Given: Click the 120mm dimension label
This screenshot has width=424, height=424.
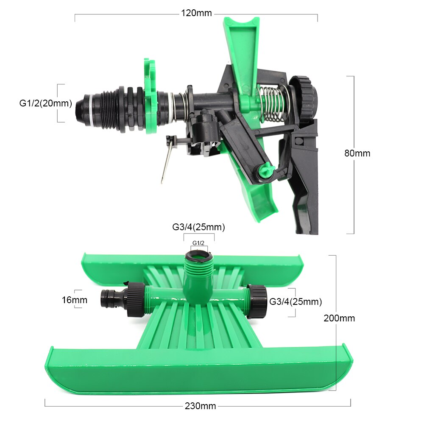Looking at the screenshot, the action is coord(196,13).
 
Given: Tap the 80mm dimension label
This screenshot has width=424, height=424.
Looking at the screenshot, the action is coord(357,153).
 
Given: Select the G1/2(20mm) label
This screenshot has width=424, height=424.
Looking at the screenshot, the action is coord(46,103).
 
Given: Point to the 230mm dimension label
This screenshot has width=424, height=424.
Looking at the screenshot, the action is coord(201,406).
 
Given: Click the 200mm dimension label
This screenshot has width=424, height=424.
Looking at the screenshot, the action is coord(339,318).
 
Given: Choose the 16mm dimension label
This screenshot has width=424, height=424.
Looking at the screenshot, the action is coord(75,300).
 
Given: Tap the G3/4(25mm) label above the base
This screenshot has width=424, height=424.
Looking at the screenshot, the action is coord(199,227).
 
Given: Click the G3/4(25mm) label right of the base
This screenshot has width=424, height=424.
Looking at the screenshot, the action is coord(296,302).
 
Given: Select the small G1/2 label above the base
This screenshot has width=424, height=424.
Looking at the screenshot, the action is coord(198,243).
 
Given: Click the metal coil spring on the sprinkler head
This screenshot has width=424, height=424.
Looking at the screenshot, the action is coord(271,104).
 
